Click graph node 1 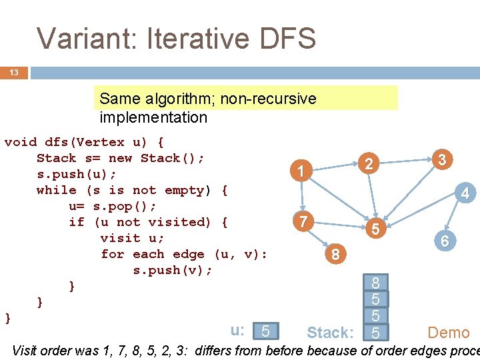(301, 172)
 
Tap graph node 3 (441, 160)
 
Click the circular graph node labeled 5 (376, 229)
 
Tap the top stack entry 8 (376, 284)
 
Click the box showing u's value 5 (266, 331)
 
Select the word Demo (448, 332)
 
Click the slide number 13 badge (14, 72)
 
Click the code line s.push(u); (77, 174)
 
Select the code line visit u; (132, 238)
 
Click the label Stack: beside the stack (329, 333)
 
